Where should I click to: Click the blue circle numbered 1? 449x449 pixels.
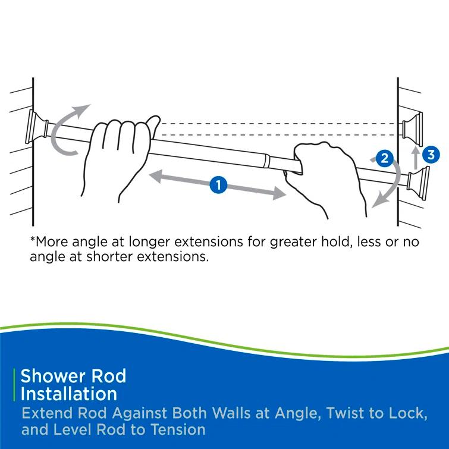tap(219, 185)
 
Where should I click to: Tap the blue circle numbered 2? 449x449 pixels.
tap(384, 159)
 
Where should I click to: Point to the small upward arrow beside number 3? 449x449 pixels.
tap(416, 158)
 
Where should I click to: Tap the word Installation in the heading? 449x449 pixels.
tap(69, 394)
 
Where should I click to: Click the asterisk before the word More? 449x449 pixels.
tap(33, 240)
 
